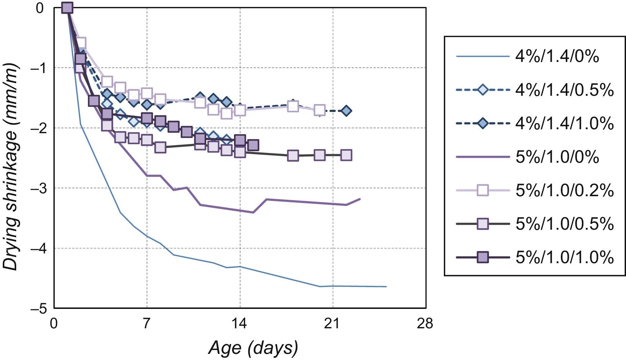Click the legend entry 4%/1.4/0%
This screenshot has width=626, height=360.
point(557,57)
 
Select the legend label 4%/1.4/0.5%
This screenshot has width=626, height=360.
point(564,90)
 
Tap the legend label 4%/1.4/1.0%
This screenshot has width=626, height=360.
point(564,123)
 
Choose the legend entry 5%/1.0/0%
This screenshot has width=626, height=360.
point(557,157)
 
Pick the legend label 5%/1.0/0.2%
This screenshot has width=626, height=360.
point(564,190)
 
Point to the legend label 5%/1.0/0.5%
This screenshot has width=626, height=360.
point(564,224)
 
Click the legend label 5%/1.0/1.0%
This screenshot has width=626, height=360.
point(564,257)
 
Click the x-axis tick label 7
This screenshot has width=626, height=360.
point(147,324)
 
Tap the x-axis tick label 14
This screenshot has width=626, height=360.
point(239,324)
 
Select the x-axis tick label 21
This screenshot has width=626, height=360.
point(332,324)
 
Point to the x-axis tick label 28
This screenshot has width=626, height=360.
point(425,324)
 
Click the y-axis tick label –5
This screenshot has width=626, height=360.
point(39,309)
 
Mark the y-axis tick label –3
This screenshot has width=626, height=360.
point(39,189)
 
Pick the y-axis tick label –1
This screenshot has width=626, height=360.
point(39,68)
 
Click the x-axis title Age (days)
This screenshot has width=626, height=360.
point(253,348)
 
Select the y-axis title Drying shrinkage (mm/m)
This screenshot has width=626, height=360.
point(11,167)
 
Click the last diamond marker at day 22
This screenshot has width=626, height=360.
point(346,111)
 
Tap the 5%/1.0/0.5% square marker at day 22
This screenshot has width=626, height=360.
point(346,155)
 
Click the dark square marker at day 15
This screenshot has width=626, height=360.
point(253,145)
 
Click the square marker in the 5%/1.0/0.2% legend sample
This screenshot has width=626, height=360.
point(483,190)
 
